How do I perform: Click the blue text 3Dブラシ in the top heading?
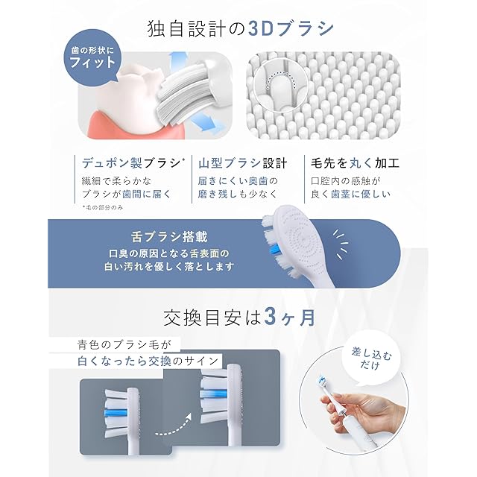[291, 29]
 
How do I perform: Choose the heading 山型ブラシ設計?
[242, 163]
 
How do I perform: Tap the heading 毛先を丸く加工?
[355, 163]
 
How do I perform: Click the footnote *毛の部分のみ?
[103, 207]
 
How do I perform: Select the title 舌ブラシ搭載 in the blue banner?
[169, 237]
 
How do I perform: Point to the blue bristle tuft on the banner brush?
[275, 250]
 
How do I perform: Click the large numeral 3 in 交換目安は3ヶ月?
[271, 318]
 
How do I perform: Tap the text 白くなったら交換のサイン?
[148, 361]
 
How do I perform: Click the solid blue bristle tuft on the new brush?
[116, 412]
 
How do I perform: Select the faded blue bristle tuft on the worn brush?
[214, 394]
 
